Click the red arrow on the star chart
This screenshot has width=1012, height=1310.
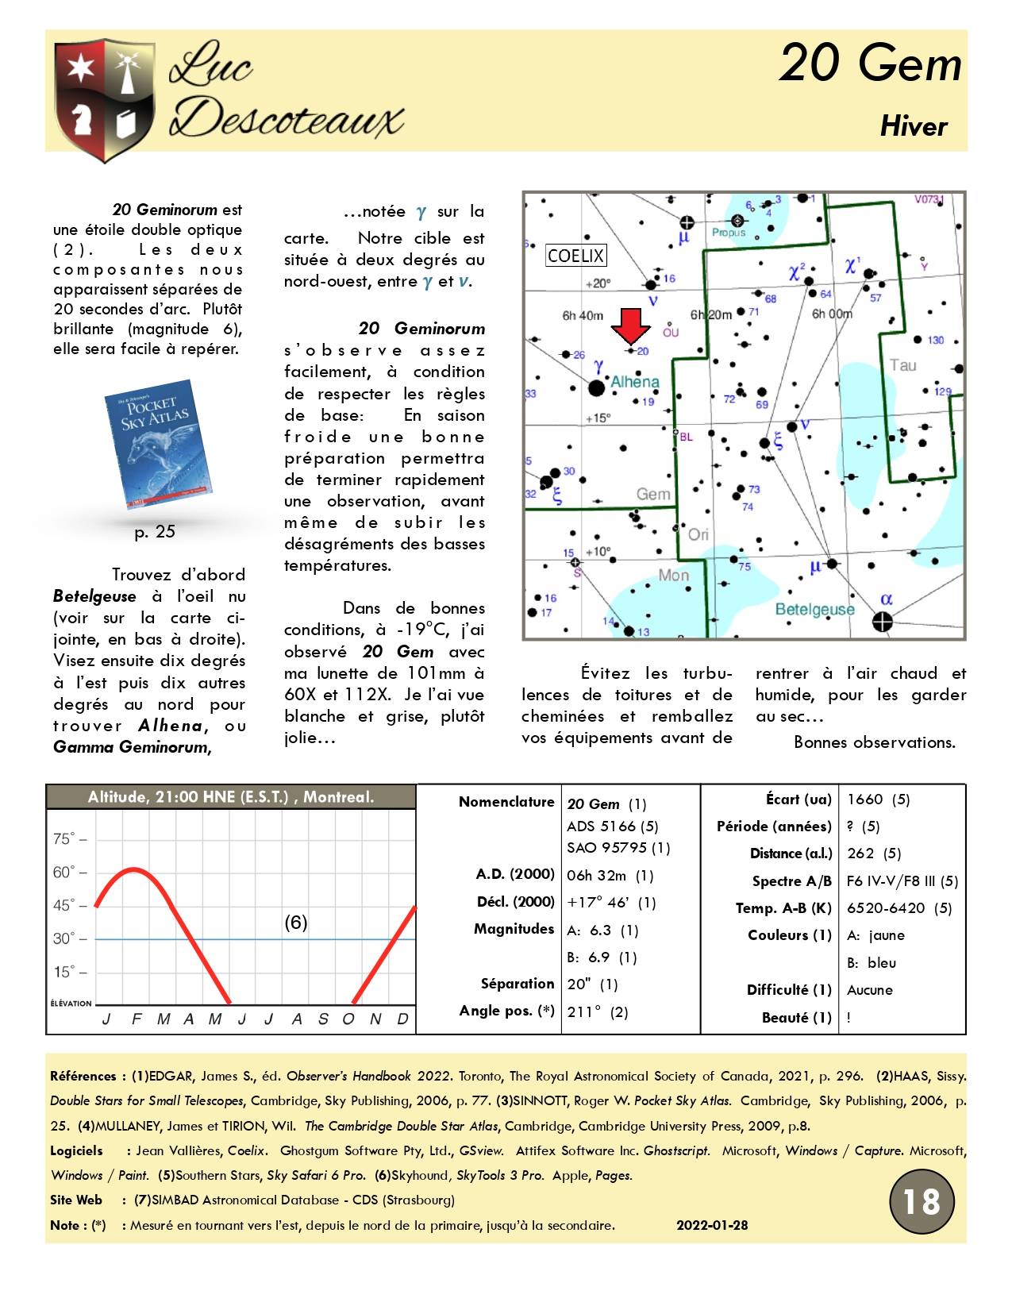pyautogui.click(x=631, y=326)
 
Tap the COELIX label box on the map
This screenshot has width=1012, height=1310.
pyautogui.click(x=576, y=256)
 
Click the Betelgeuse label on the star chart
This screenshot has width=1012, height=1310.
pyautogui.click(x=814, y=609)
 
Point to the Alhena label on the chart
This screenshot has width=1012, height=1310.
pyautogui.click(x=635, y=382)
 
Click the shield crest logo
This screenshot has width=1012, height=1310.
pyautogui.click(x=104, y=98)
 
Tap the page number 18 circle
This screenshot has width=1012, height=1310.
pyautogui.click(x=921, y=1202)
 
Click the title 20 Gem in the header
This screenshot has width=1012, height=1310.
pyautogui.click(x=870, y=64)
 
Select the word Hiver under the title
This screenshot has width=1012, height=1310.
pyautogui.click(x=914, y=126)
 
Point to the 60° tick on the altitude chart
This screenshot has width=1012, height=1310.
pyautogui.click(x=64, y=873)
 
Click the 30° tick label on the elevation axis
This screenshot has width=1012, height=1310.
pyautogui.click(x=64, y=938)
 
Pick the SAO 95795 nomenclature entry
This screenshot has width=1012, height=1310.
pyautogui.click(x=618, y=848)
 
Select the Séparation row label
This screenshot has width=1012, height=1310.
pyautogui.click(x=517, y=984)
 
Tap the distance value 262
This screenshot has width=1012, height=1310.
pyautogui.click(x=860, y=853)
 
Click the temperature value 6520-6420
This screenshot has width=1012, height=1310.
pyautogui.click(x=886, y=908)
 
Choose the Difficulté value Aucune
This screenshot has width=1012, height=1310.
pyautogui.click(x=870, y=990)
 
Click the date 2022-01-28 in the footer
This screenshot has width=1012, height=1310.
pyautogui.click(x=712, y=1225)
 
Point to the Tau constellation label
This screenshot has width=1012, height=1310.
pyautogui.click(x=902, y=365)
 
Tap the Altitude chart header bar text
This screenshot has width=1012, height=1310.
pyautogui.click(x=230, y=797)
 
